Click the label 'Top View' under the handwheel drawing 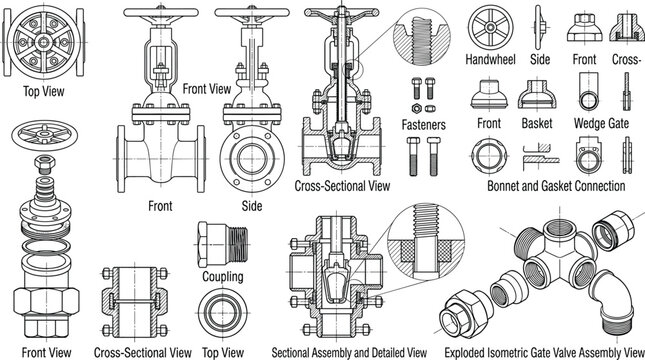click(44, 91)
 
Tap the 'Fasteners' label click(423, 125)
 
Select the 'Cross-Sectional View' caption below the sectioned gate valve click(342, 186)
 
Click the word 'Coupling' click(223, 276)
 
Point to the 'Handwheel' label click(490, 59)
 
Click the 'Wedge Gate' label click(601, 123)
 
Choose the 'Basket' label click(536, 123)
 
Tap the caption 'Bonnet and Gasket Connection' click(556, 186)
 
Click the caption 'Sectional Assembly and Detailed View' click(349, 353)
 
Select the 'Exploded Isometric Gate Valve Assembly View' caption click(544, 353)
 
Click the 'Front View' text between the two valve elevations click(206, 88)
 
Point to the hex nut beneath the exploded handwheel click(45, 164)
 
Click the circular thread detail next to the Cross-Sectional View click(422, 38)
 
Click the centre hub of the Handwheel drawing click(490, 27)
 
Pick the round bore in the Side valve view click(252, 159)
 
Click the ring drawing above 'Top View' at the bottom click(223, 313)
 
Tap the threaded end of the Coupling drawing click(238, 245)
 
